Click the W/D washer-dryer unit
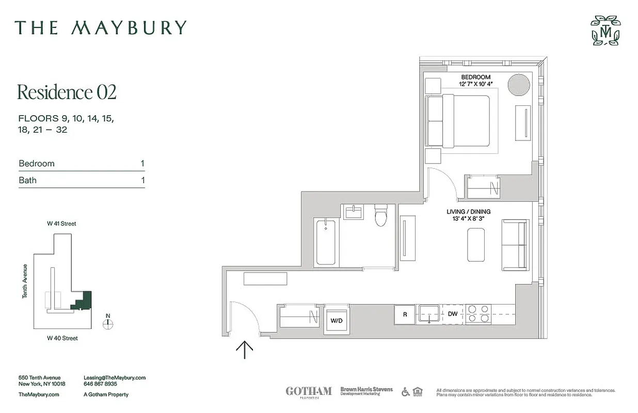[336, 320]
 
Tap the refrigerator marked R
[404, 314]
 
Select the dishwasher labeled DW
[452, 314]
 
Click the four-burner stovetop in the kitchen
[478, 314]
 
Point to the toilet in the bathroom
[381, 216]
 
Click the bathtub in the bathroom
[325, 241]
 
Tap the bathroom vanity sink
[355, 212]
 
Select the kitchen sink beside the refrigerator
[428, 313]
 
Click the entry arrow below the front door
[244, 350]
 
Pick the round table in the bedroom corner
[518, 85]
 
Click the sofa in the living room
[515, 245]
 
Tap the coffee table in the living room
[476, 245]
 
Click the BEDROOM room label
[475, 77]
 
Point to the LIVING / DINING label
[468, 212]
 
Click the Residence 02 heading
[67, 92]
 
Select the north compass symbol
[107, 323]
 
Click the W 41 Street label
[61, 224]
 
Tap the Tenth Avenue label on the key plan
[25, 281]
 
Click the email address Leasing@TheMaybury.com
[114, 378]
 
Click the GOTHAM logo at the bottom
[308, 391]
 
